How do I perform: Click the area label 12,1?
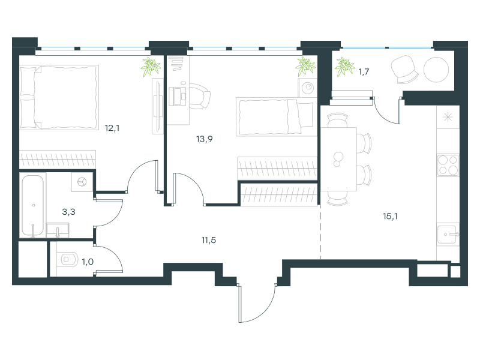[x=112, y=128]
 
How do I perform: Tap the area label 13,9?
[x=204, y=139]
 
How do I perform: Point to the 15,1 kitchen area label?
[x=390, y=217]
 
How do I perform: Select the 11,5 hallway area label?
[x=208, y=241]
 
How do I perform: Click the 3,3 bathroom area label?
[x=68, y=212]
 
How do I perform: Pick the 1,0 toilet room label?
[x=88, y=262]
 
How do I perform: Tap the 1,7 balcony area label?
[x=364, y=72]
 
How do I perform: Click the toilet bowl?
[x=69, y=260]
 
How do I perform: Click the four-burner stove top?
[x=448, y=166]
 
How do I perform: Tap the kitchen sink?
[x=448, y=235]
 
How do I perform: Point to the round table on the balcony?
[x=436, y=70]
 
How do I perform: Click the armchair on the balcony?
[x=404, y=70]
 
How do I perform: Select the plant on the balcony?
[x=344, y=67]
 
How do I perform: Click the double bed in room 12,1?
[x=59, y=97]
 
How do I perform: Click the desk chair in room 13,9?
[x=199, y=96]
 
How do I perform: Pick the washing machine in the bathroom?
[x=82, y=182]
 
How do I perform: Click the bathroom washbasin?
[x=58, y=230]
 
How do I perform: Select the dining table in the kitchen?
[x=338, y=159]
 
